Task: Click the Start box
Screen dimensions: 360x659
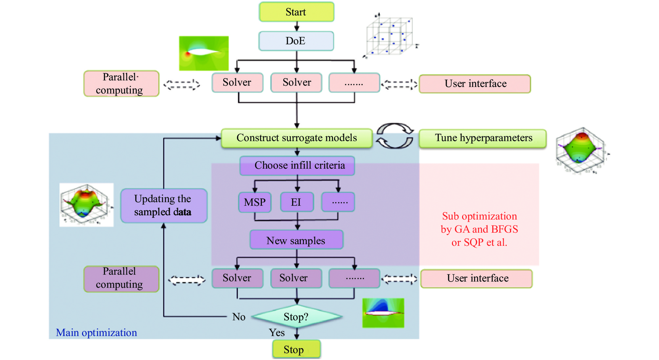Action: (296, 12)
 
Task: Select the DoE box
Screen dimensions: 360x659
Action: (296, 41)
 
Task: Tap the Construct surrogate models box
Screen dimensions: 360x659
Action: (297, 138)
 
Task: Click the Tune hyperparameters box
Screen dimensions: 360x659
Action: (483, 138)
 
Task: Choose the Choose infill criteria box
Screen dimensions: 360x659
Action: (297, 165)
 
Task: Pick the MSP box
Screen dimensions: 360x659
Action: (255, 202)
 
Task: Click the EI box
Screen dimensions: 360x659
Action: (297, 202)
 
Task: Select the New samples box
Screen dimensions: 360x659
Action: (296, 240)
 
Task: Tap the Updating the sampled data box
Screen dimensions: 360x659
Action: (164, 205)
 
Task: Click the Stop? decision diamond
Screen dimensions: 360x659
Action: (297, 317)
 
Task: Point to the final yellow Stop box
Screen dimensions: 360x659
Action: (296, 349)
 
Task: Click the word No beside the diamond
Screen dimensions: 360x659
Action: (239, 317)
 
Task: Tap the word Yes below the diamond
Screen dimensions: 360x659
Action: (277, 332)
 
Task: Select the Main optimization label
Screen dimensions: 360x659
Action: (96, 332)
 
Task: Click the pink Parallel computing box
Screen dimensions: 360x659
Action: (121, 84)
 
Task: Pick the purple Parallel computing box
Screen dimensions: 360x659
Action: (121, 278)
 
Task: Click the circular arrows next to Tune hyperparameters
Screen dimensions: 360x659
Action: (395, 136)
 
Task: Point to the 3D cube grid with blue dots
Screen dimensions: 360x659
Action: (390, 36)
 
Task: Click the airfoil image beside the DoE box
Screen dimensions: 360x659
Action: (203, 53)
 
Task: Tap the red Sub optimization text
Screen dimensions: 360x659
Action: (479, 229)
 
